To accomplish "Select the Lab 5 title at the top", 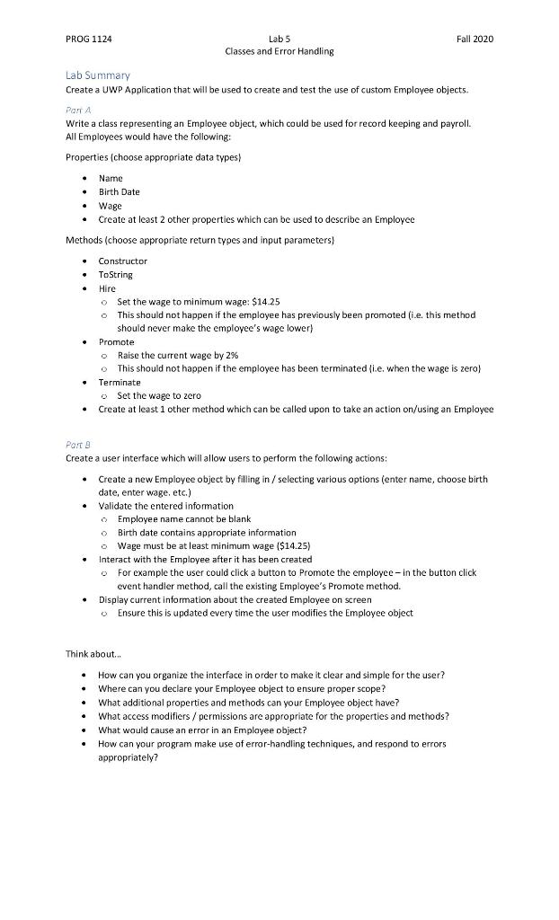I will point(279,39).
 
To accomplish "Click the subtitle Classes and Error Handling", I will point(279,51).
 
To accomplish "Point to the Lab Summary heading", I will point(98,75).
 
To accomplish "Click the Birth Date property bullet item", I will point(119,191).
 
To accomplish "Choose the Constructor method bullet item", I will point(122,261).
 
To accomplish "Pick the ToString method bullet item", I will point(117,275).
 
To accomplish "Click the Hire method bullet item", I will point(107,288).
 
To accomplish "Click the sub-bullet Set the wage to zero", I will point(159,395).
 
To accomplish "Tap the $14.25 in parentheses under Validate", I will point(292,545).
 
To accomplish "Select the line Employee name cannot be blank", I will point(183,518).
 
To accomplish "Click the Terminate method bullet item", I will point(119,382).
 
